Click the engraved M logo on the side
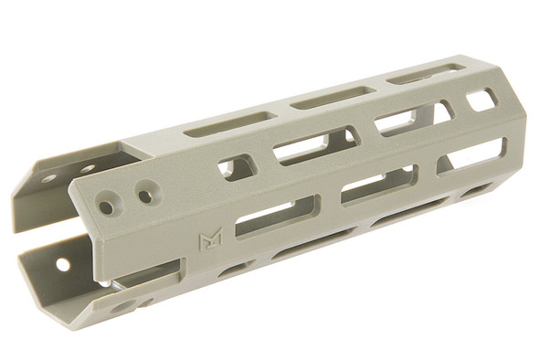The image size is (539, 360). click(x=210, y=241)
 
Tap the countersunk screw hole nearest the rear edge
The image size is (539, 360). click(x=107, y=207)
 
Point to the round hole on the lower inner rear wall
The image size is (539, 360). click(x=62, y=264)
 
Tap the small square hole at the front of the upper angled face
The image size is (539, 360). click(x=481, y=100)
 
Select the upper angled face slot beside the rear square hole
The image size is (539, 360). click(x=315, y=144)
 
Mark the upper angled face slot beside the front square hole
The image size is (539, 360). click(x=413, y=117)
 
